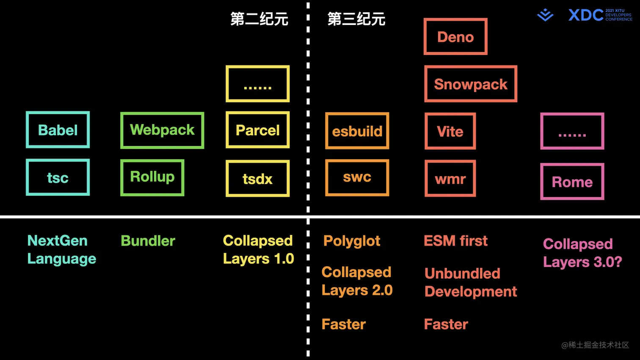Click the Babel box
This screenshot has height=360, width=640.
(x=58, y=130)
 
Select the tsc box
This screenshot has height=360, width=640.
(x=58, y=177)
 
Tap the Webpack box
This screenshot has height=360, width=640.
(x=162, y=130)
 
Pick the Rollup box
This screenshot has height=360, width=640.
(x=152, y=177)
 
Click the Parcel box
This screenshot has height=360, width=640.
(x=257, y=130)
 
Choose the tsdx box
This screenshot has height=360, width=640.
(x=257, y=179)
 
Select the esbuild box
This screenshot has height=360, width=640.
(x=357, y=131)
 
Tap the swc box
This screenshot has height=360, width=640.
(x=357, y=177)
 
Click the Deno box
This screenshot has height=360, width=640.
(x=455, y=37)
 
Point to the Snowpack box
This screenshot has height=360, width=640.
(x=471, y=84)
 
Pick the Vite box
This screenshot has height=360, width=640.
(x=450, y=131)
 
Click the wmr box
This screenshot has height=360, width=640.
(x=450, y=179)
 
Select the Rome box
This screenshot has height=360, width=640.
(x=572, y=181)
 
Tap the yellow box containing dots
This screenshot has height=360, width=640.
(x=257, y=84)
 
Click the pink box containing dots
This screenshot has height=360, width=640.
(x=572, y=131)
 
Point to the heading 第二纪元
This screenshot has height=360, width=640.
(x=259, y=19)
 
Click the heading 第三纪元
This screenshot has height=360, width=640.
(x=356, y=19)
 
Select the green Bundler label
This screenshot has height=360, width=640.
(x=148, y=241)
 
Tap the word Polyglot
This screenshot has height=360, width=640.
(x=352, y=241)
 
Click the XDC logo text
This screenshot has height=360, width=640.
(x=586, y=15)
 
